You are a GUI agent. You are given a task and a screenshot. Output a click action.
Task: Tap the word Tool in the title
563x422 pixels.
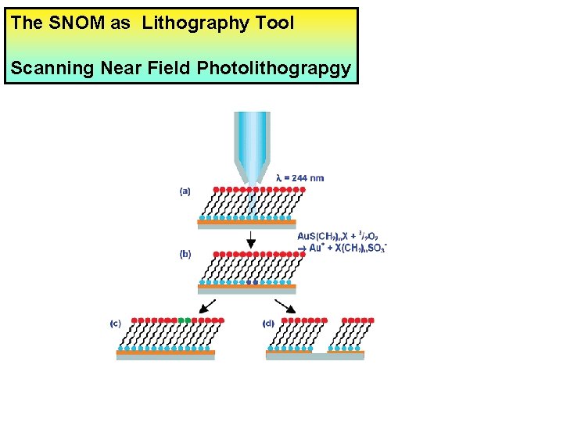274,23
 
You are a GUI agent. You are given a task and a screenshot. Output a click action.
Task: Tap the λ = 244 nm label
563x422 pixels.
300,178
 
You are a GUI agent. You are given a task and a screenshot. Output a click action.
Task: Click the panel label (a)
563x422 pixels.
185,190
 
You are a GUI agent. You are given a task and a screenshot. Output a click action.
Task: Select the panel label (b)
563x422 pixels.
185,253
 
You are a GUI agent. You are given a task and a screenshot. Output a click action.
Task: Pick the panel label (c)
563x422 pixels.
116,322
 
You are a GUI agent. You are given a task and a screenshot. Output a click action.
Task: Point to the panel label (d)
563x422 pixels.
269,322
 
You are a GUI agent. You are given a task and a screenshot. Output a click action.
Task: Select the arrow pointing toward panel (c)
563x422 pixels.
208,305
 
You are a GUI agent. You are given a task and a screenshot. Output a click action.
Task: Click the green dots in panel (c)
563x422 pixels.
184,320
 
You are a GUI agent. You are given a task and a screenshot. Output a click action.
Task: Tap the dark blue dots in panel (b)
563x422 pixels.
251,283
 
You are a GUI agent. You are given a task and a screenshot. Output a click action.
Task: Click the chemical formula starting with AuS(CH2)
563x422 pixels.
342,241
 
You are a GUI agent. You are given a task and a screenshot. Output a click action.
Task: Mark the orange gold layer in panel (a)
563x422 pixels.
246,223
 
